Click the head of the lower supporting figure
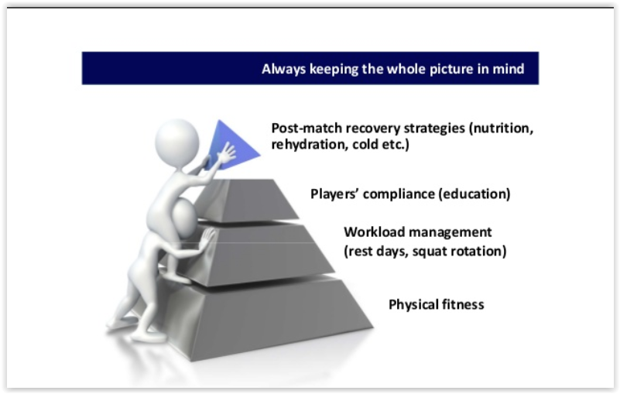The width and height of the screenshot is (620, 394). coord(185,218)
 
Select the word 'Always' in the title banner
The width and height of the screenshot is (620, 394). coord(283,69)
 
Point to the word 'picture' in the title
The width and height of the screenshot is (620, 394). coord(451,69)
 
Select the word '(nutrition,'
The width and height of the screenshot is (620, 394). coord(501,128)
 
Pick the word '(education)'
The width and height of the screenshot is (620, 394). coord(474,194)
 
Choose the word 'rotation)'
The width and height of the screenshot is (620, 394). coord(478,252)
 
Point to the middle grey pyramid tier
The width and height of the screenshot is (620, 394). coord(257,253)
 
